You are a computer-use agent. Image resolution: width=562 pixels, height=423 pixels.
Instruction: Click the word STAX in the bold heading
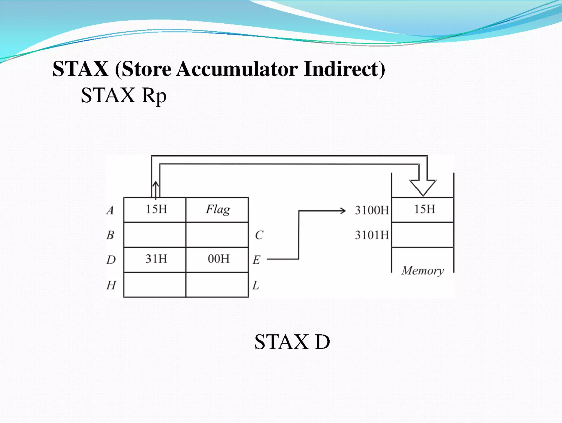click(x=80, y=69)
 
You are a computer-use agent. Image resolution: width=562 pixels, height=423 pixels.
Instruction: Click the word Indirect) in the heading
click(x=344, y=69)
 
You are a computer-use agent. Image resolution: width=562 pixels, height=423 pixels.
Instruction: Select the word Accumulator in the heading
click(x=237, y=69)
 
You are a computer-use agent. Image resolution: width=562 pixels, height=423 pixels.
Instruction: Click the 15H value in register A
click(x=156, y=209)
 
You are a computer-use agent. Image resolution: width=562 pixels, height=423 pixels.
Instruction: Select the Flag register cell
click(x=218, y=209)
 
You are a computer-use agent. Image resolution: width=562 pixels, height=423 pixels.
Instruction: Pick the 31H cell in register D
click(x=156, y=259)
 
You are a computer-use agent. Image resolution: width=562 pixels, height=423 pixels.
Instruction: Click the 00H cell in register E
click(x=218, y=259)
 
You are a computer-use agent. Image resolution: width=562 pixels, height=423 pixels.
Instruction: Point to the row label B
click(x=110, y=235)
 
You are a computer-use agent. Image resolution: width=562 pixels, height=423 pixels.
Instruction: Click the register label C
click(x=259, y=235)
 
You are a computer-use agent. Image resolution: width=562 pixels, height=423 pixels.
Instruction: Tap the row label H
click(x=111, y=285)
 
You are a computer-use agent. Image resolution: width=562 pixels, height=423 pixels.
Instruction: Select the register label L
click(x=255, y=285)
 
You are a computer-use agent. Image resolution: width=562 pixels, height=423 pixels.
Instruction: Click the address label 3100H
click(x=372, y=211)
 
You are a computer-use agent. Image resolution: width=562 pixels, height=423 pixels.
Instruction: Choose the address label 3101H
click(x=372, y=235)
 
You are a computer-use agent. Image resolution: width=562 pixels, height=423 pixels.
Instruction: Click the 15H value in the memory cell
click(x=424, y=209)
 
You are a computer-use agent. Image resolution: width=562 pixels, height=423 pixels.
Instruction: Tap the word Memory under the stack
click(x=423, y=271)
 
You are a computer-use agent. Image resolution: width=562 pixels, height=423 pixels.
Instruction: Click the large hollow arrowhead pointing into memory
click(x=423, y=187)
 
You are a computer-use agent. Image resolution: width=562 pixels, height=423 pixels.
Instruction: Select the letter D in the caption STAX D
click(x=322, y=342)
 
